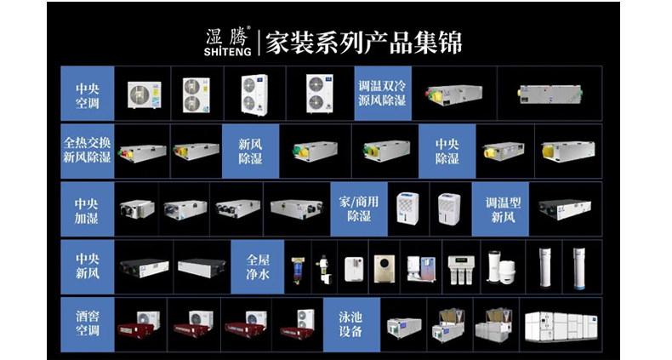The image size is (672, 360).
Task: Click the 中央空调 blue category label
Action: click(88, 94)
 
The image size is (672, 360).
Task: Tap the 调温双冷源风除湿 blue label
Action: click(383, 94)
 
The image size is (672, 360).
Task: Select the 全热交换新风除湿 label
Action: click(88, 151)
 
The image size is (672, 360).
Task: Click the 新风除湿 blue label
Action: click(250, 151)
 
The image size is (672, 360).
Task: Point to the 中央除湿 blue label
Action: click(447, 151)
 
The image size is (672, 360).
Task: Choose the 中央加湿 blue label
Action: click(88, 209)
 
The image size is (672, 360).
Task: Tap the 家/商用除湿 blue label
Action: click(359, 209)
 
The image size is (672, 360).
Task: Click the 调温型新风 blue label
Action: click(501, 209)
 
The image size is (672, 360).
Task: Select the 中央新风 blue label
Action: click(88, 266)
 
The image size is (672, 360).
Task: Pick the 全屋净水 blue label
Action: click(258, 266)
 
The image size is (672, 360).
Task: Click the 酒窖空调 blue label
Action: click(88, 323)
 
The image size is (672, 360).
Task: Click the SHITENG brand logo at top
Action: click(226, 41)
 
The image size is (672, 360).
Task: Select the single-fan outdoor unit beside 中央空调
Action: click(144, 94)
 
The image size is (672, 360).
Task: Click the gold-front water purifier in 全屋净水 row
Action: click(384, 267)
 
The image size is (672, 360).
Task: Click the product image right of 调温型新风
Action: click(565, 209)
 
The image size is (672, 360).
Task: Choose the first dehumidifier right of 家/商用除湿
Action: click(408, 209)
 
